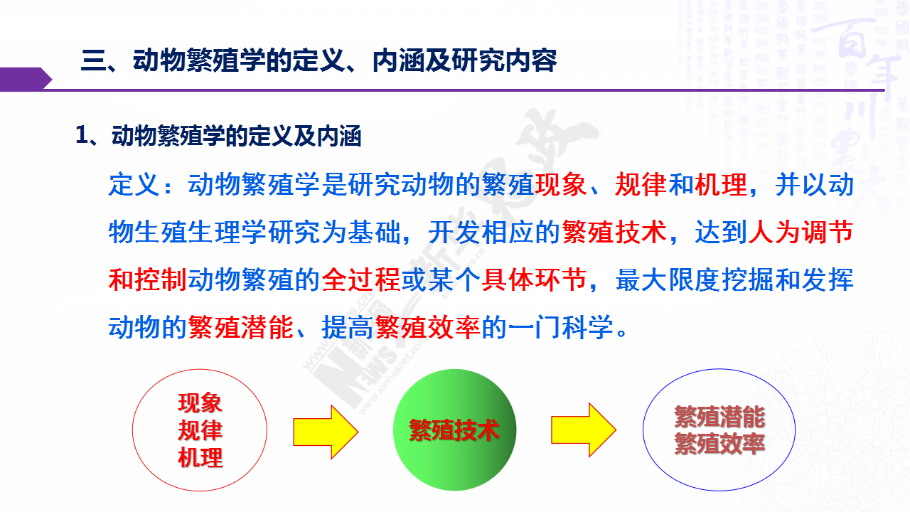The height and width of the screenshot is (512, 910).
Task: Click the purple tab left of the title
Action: [25, 79]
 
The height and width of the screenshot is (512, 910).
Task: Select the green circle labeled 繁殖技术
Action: [454, 430]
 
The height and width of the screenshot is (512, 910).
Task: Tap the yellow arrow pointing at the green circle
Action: [326, 432]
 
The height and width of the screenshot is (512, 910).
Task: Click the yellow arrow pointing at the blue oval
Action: [584, 430]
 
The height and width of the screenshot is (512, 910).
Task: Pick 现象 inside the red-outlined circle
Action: [200, 402]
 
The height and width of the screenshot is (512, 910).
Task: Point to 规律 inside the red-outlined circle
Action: [200, 430]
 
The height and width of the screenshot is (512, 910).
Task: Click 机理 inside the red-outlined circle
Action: [200, 457]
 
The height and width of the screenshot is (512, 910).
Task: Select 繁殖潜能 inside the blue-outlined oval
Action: [719, 417]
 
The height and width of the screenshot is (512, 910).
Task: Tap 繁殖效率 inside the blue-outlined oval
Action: [719, 444]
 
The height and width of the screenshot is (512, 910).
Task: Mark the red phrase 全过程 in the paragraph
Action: [361, 279]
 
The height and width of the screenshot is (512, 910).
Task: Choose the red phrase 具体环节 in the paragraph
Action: [534, 279]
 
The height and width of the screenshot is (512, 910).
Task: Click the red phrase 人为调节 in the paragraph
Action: [801, 233]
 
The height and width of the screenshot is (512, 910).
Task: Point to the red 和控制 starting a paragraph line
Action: [147, 279]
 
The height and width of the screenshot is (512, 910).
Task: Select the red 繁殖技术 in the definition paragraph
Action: [614, 233]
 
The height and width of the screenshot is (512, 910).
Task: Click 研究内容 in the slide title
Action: [505, 61]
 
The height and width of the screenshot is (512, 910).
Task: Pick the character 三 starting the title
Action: [93, 61]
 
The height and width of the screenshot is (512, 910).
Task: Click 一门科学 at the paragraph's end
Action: [561, 327]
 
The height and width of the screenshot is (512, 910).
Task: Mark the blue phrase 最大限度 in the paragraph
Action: [668, 279]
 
